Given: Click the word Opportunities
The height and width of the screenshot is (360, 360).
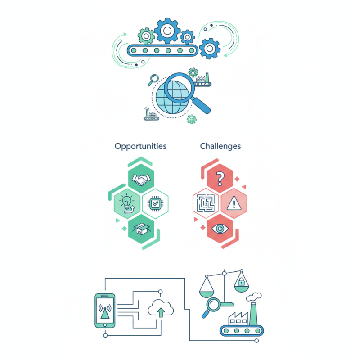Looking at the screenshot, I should (x=140, y=146).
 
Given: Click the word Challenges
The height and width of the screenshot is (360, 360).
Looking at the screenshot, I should (x=220, y=146).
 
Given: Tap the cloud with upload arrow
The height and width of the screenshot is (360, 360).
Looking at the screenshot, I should (x=161, y=310).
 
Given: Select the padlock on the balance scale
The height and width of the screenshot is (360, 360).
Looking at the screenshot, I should (x=241, y=283).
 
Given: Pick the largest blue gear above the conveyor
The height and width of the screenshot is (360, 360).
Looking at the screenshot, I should (x=167, y=31).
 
